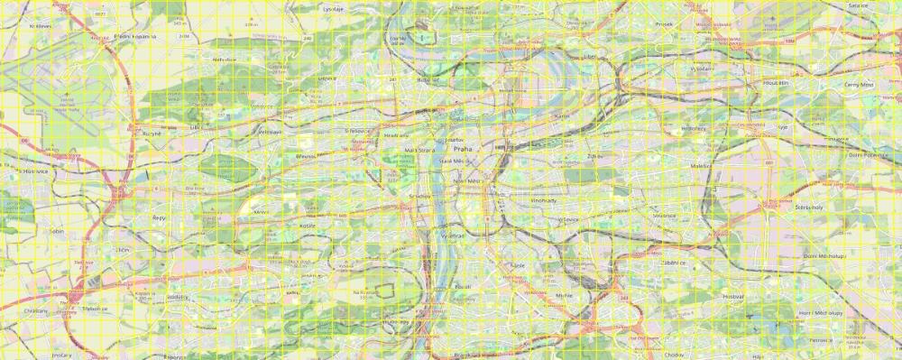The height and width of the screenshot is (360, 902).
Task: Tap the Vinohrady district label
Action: (543, 200)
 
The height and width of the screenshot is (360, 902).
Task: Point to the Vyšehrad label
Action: (450, 235)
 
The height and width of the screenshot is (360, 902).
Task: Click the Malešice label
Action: (701, 166)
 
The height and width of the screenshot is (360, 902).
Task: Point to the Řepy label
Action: (159, 217)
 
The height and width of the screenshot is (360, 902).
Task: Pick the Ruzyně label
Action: (151, 133)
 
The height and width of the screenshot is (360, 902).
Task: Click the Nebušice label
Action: (225, 59)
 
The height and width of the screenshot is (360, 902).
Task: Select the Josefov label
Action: (455, 140)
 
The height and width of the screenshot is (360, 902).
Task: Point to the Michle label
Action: (565, 295)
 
